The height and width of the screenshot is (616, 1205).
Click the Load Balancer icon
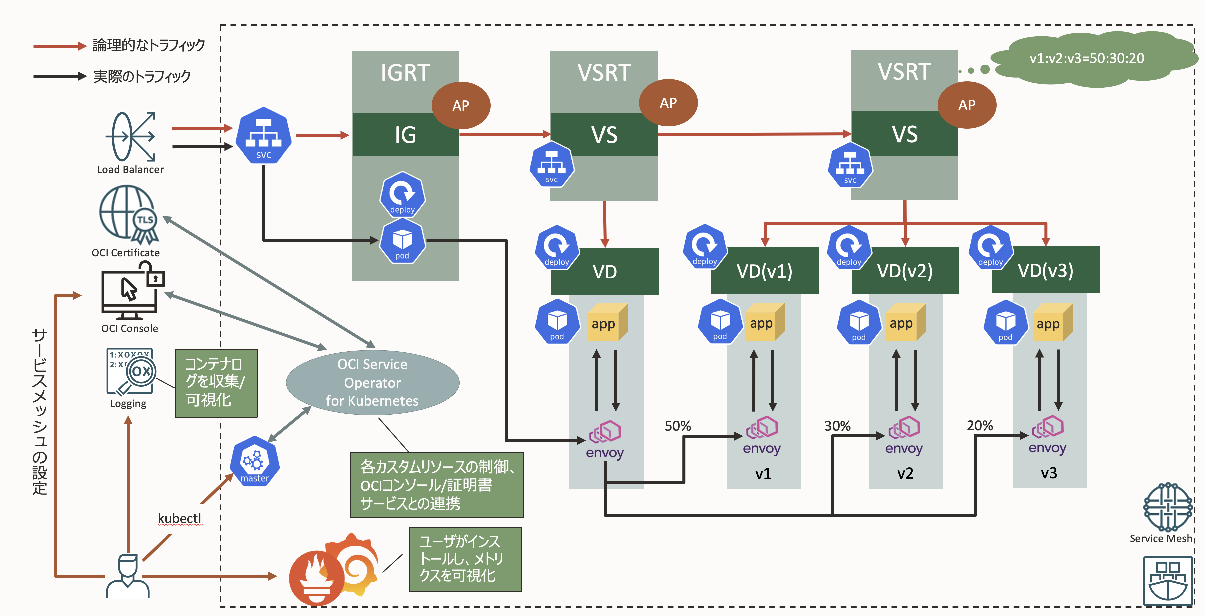130,137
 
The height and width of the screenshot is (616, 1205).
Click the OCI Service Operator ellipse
372,383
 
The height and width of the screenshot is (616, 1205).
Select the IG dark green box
405,135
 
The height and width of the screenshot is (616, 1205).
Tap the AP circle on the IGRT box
461,105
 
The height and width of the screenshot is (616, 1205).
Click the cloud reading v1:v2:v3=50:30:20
1086,58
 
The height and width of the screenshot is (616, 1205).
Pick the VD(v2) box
905,271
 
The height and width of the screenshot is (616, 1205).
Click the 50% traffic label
677,426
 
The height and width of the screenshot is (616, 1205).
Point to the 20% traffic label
980,425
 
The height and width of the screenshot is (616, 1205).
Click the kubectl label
180,518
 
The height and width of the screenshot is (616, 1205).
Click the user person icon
128,576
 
